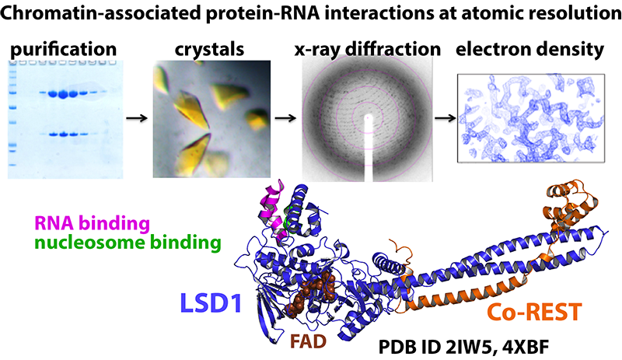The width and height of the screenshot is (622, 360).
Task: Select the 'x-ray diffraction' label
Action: [x=368, y=51]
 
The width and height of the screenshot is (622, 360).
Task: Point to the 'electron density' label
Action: [x=530, y=51]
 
